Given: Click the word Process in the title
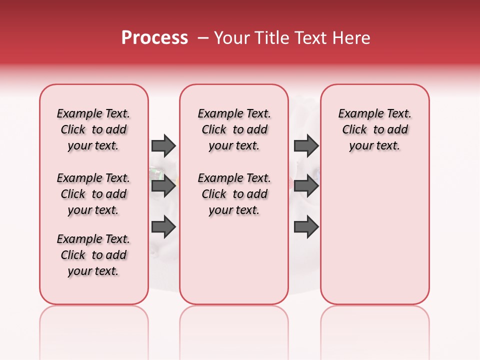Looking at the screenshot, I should (154, 38).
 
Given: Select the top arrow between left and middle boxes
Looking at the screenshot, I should (163, 145).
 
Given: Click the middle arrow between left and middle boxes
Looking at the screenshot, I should (163, 186).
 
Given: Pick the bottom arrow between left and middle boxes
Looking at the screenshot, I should (163, 227).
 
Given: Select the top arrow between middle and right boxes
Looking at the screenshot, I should (306, 145).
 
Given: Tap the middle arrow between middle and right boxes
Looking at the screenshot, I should (306, 186).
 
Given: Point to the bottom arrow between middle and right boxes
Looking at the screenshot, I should (306, 227).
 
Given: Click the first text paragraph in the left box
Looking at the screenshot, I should (93, 129).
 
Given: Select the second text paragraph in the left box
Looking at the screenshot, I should (93, 194).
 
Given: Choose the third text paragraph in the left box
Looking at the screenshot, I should (93, 255).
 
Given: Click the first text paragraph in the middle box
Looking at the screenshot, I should (234, 129).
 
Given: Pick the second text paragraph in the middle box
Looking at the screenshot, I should (234, 194).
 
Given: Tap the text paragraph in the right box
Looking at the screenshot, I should (375, 129).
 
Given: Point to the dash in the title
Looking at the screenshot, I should (203, 38).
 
